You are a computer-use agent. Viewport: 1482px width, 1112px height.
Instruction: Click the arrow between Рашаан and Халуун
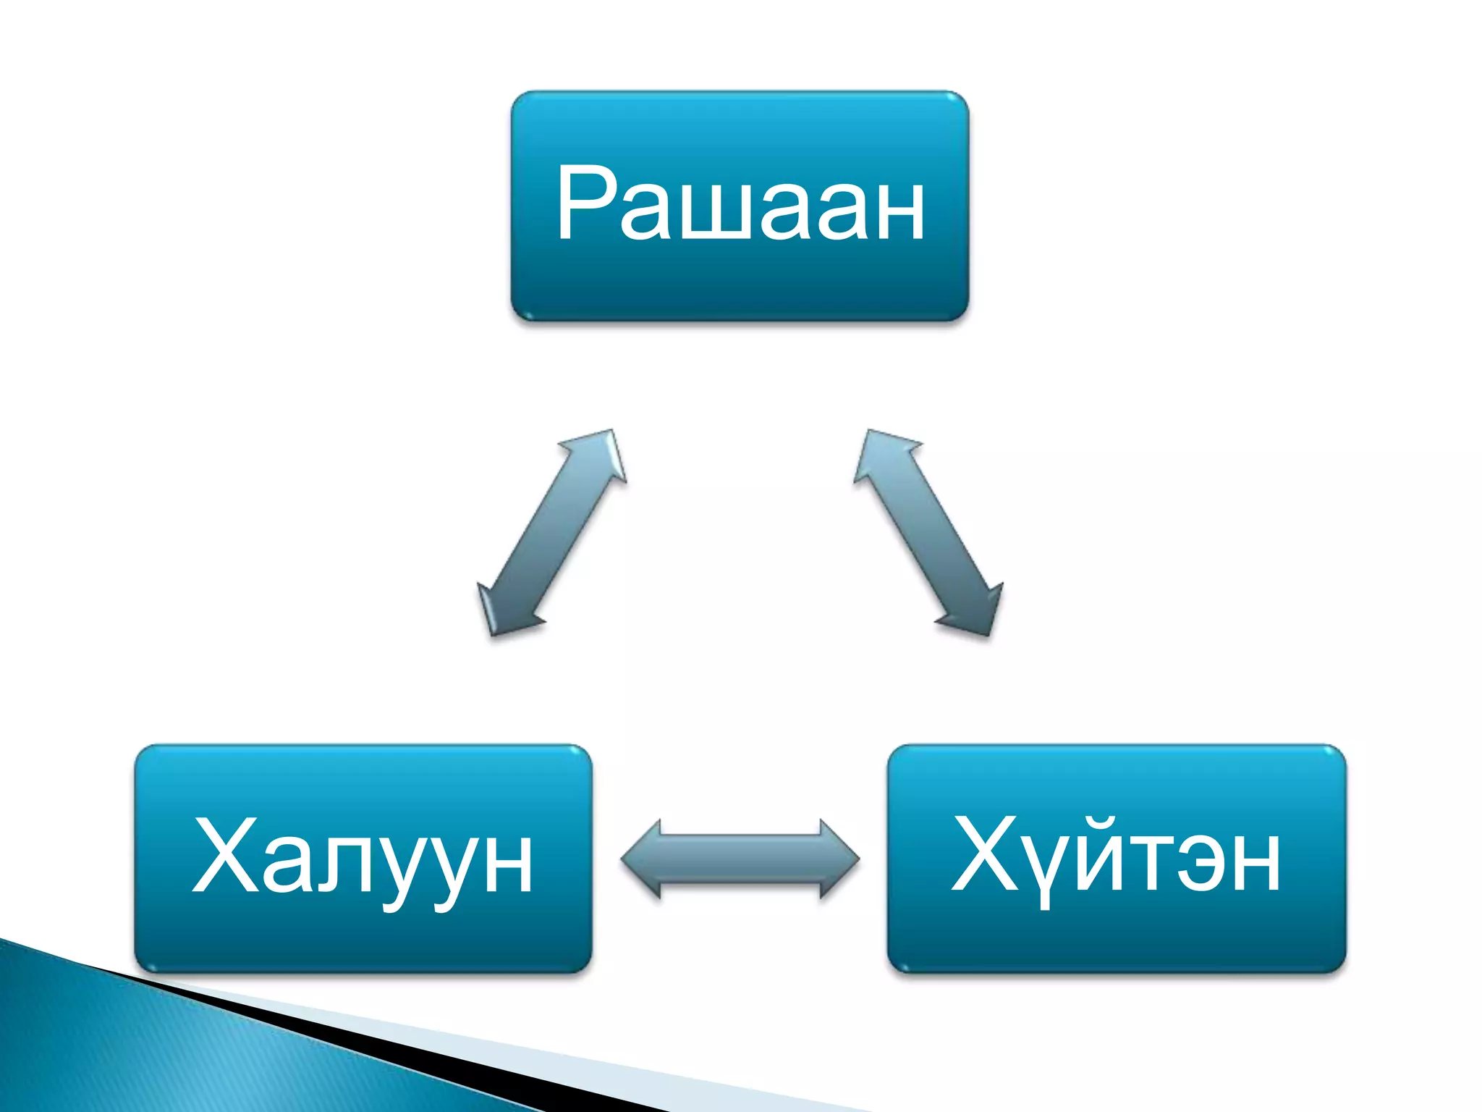pos(551,533)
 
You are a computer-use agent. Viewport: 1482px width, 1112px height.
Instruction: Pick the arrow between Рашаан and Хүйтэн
pos(928,533)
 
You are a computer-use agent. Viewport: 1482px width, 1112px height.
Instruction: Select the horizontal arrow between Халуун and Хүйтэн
pos(740,859)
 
